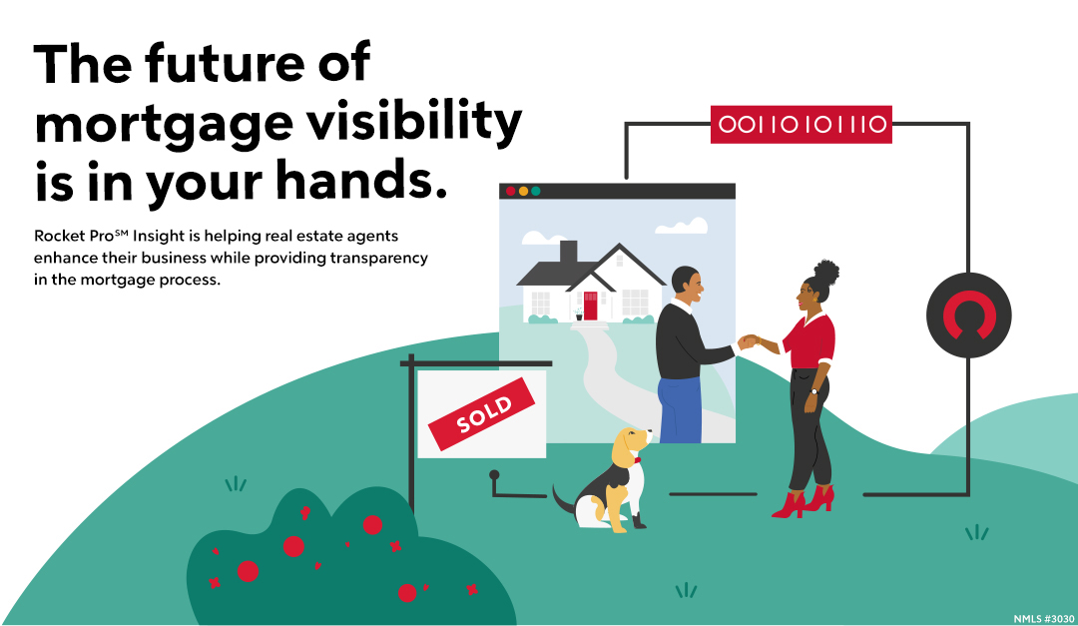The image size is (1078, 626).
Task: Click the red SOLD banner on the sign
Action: pos(483,413)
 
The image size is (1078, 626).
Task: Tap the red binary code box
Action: pos(801,124)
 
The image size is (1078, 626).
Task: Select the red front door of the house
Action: pos(590,306)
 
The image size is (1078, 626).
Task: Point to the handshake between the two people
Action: pos(748,341)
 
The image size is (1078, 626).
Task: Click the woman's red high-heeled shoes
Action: pos(805,500)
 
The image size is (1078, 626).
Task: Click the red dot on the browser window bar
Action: pos(510,191)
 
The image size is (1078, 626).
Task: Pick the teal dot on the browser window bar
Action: pos(536,191)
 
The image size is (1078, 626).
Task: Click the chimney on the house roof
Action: pos(568,254)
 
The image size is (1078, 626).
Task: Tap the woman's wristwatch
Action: pos(814,390)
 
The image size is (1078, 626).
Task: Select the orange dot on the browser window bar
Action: pos(523,191)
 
